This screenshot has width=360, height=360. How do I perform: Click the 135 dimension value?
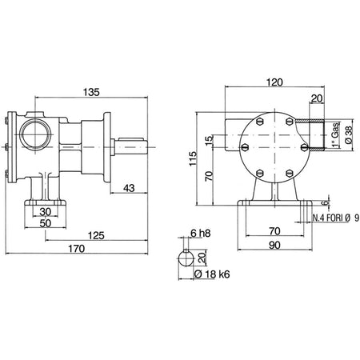click(x=91, y=92)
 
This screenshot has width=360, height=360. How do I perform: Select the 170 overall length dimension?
click(x=77, y=249)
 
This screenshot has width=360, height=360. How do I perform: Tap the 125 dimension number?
click(x=96, y=236)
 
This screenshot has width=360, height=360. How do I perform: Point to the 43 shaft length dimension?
click(x=129, y=188)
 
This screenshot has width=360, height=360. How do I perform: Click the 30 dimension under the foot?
click(x=45, y=212)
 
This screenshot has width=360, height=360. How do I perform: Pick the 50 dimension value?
click(x=45, y=223)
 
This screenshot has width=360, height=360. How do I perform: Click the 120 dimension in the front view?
click(x=274, y=82)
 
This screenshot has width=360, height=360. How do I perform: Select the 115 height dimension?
click(x=193, y=158)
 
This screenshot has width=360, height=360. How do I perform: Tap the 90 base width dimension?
click(x=274, y=245)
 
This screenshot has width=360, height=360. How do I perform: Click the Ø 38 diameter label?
click(x=349, y=135)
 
